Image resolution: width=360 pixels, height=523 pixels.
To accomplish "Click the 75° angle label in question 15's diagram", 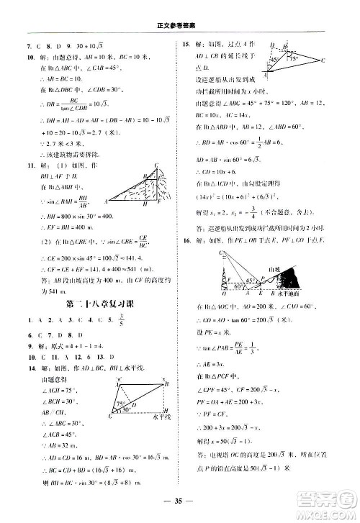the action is point(294,61).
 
